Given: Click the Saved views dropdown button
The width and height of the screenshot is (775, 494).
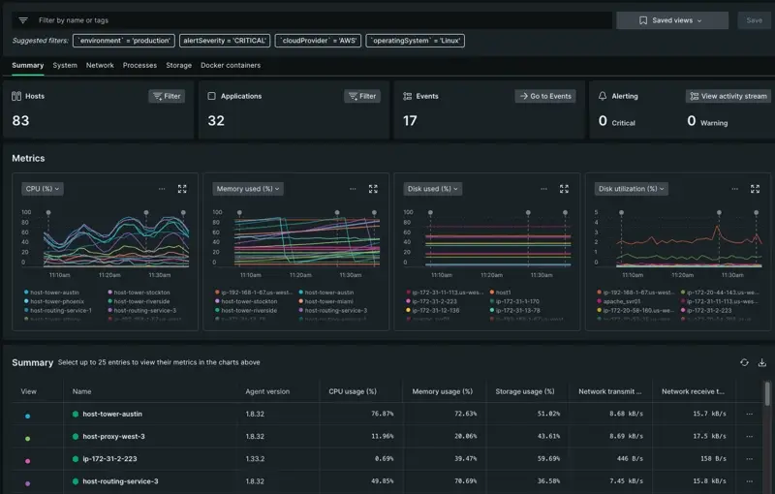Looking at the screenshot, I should coord(671,19).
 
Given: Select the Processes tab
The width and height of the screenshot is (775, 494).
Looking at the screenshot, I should coord(139,65).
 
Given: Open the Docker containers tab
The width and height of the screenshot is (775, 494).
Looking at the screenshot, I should coord(231,65).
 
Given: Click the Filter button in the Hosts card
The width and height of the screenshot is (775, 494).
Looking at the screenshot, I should coord(167,96).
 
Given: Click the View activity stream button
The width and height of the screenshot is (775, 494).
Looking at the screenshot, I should coord(728,96).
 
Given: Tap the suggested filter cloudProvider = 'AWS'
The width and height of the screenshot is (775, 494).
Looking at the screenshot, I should coord(318,41).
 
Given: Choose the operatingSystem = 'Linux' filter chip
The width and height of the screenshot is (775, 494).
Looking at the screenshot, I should coord(416,41).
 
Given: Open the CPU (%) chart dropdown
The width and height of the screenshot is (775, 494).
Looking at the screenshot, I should coord(43,189).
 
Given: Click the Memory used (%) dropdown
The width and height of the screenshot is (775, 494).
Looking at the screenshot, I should coord(248,189).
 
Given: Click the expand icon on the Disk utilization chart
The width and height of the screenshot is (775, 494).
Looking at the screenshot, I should coord(755,189).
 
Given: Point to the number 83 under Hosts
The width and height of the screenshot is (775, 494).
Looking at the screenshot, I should coord(20,121).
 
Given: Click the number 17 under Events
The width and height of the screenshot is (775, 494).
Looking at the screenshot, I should coord(410,121).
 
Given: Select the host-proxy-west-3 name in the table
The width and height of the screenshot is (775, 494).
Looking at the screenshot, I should coord(113,437).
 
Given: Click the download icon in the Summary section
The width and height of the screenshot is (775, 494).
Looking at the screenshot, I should coord(761,362).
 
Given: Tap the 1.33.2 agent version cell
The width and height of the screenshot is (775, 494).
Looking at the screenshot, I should coord(257,459).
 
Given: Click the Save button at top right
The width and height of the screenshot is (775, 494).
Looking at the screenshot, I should coord(755,19).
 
